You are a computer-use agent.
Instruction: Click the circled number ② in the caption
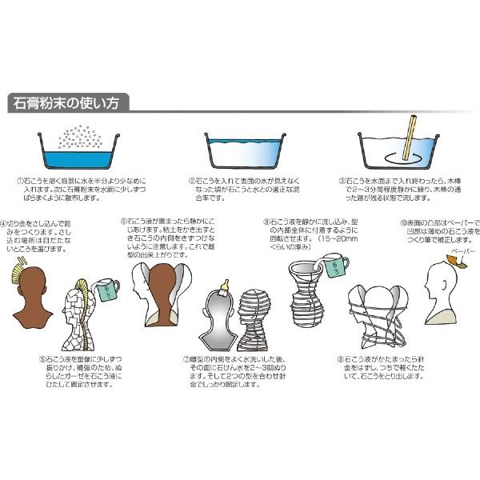click(192, 182)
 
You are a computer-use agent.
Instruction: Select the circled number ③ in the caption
click(342, 182)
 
